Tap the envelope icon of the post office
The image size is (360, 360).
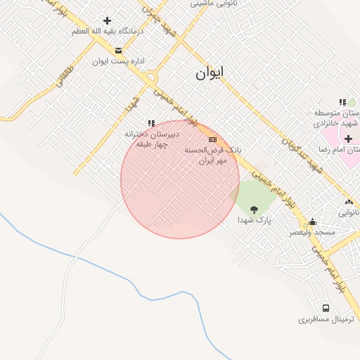coord(118,50)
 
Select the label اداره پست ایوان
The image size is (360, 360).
coord(118,61)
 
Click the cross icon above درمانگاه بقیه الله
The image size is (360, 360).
coord(107,21)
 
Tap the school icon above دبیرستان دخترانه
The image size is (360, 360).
coord(150,123)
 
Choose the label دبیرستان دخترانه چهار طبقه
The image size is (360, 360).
coord(153,139)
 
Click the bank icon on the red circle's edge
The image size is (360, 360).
coord(212,140)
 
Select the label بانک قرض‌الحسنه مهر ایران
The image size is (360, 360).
coord(213,155)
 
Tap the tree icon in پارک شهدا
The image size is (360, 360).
coord(254,209)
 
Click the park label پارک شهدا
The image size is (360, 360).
coord(254,220)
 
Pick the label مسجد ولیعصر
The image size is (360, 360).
coord(312,232)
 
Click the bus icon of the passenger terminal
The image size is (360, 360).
coord(325,308)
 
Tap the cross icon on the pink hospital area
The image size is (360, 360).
coord(348,139)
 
